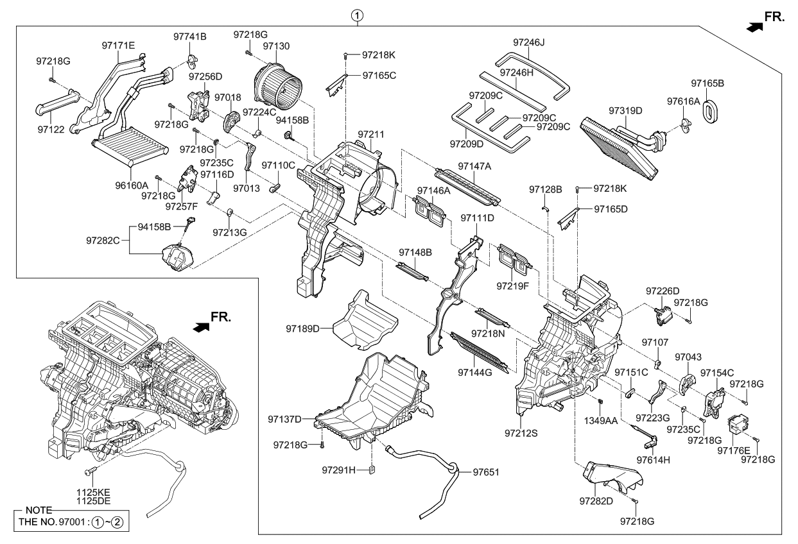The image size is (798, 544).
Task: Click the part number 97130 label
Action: click(x=276, y=46)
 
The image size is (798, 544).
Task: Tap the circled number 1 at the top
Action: click(x=358, y=15)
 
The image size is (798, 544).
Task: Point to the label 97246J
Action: click(x=529, y=42)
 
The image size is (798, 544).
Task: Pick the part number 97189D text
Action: click(x=302, y=328)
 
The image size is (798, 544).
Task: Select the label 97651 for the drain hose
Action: click(x=486, y=472)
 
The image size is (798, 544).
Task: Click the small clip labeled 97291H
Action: click(x=372, y=471)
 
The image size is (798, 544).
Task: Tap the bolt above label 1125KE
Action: click(x=90, y=472)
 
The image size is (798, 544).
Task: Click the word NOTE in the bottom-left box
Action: click(x=39, y=510)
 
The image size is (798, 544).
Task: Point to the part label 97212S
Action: click(x=521, y=433)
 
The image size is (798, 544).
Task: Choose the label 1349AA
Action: click(x=601, y=421)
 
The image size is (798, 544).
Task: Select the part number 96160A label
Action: click(x=132, y=185)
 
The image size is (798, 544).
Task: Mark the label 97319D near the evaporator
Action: click(x=625, y=111)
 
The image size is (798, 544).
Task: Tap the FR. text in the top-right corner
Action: click(x=774, y=17)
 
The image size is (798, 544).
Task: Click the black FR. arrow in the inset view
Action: click(x=201, y=327)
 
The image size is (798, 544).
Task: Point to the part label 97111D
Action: click(x=478, y=218)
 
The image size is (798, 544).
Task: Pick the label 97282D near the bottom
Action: click(x=596, y=501)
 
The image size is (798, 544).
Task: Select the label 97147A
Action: click(x=474, y=166)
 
